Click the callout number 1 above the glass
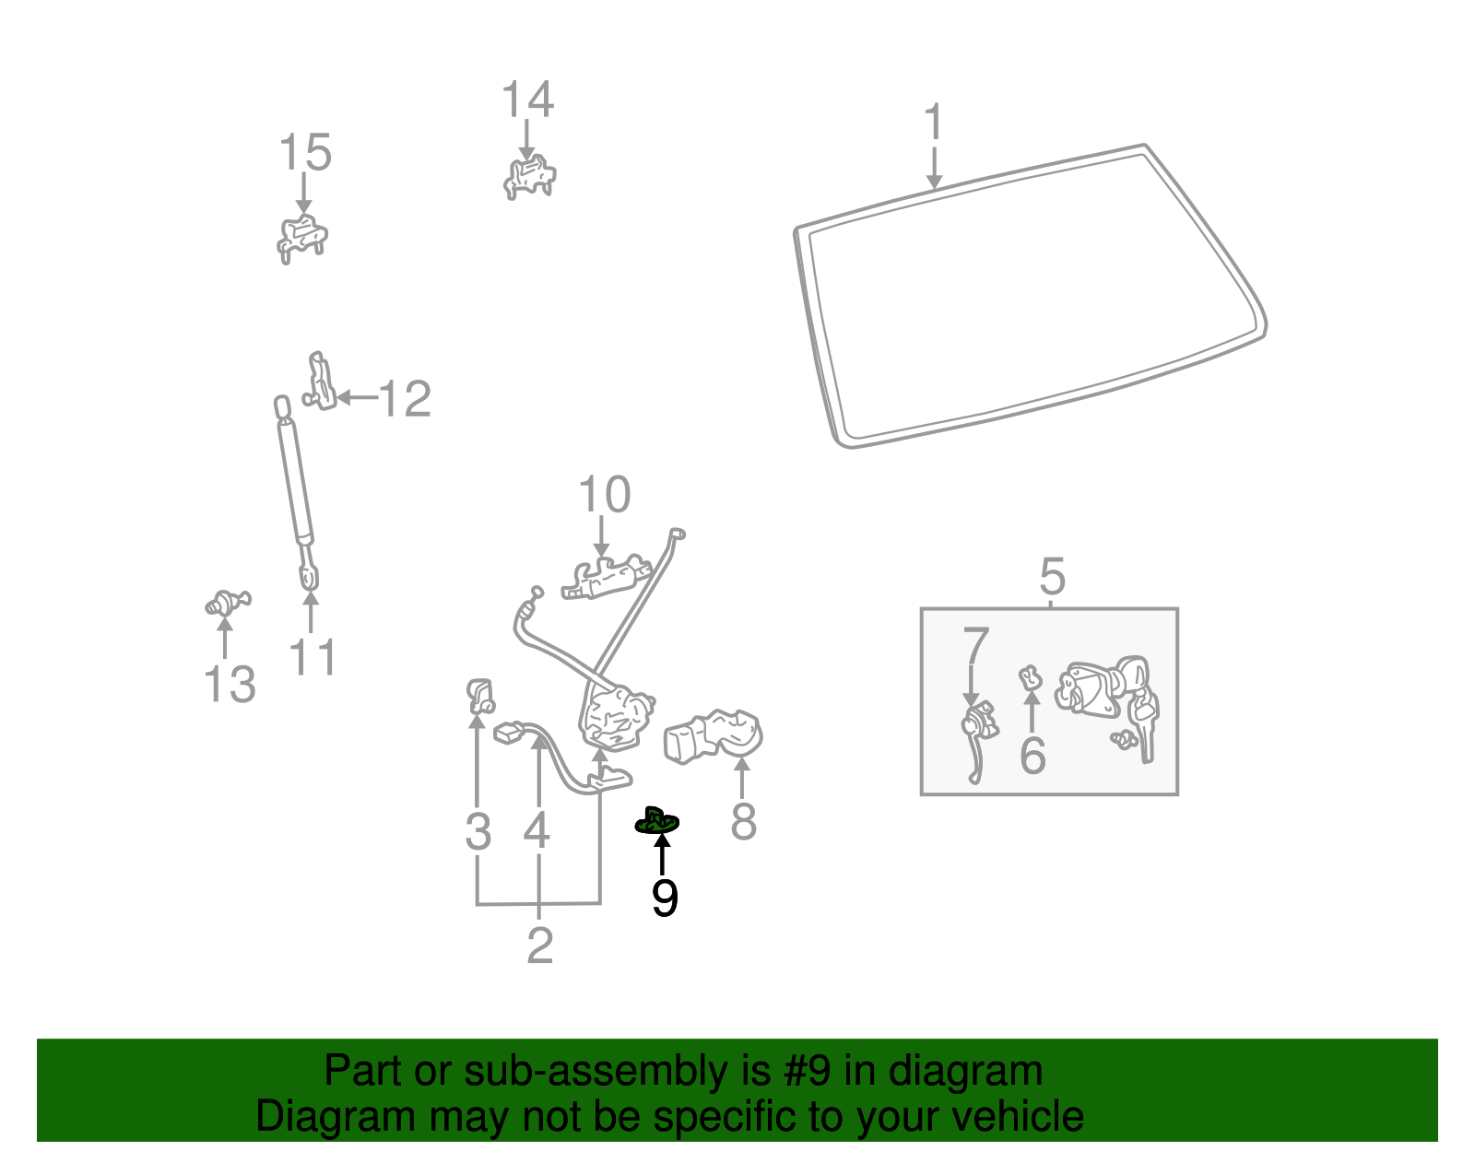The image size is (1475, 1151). tap(934, 123)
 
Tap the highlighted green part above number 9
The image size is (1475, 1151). tap(657, 819)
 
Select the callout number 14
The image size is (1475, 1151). tap(527, 100)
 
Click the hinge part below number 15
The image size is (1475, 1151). tap(302, 238)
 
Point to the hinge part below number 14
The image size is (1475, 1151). tap(529, 176)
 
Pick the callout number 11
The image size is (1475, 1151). tap(312, 657)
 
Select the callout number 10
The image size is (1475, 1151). tap(604, 495)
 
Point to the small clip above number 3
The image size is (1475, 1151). tap(479, 695)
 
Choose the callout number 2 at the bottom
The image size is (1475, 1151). tap(539, 945)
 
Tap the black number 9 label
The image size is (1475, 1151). tap(664, 898)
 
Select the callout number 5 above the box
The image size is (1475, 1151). tap(1052, 577)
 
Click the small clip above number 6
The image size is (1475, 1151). tap(1030, 679)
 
